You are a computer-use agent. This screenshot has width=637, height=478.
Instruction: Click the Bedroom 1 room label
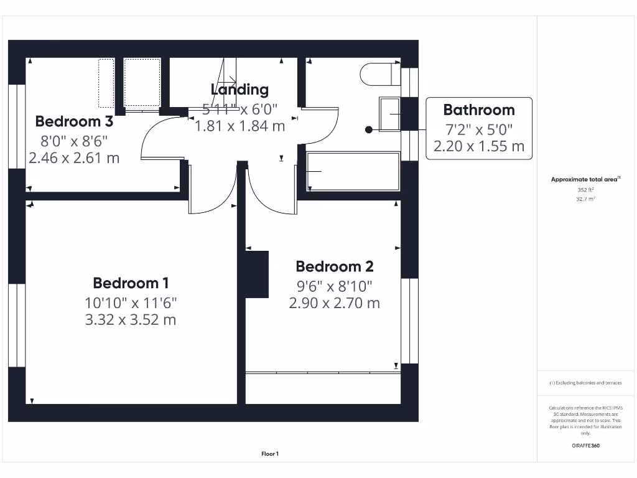131,283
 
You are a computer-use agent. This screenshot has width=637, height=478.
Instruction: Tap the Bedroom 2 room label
335,267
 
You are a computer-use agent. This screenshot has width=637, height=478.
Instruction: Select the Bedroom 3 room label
74,121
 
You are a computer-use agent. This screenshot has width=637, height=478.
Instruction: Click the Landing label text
239,90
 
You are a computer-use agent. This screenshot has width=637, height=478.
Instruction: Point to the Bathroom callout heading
478,110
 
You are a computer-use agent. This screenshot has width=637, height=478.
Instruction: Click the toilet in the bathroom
379,73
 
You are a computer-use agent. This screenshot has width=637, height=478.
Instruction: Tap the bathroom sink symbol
390,115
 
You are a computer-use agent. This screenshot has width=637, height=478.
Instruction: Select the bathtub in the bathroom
352,171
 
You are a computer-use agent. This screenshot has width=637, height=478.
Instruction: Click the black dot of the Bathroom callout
369,129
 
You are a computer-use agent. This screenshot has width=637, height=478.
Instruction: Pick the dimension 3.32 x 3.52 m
131,320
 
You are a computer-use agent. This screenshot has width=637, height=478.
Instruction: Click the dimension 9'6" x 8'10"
335,286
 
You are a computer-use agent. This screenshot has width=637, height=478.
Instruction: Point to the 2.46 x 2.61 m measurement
74,158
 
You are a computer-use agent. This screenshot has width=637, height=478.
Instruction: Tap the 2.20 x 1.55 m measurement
478,147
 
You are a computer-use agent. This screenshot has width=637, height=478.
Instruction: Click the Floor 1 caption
271,454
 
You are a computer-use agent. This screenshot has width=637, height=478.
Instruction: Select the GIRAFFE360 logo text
585,446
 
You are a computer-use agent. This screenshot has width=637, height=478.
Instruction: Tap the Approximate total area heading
585,179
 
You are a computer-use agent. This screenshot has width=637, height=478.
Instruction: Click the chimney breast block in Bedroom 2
256,274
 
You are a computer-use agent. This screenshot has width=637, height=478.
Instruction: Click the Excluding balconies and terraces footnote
585,383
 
